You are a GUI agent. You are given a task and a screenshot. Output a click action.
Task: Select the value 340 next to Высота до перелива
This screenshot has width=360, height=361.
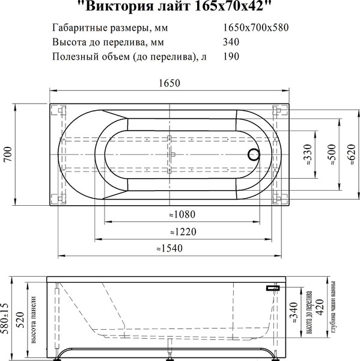[231, 42]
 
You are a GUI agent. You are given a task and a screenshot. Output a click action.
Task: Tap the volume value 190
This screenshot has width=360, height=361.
[231, 57]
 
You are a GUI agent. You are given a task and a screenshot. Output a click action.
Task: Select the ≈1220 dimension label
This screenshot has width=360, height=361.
[183, 231]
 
